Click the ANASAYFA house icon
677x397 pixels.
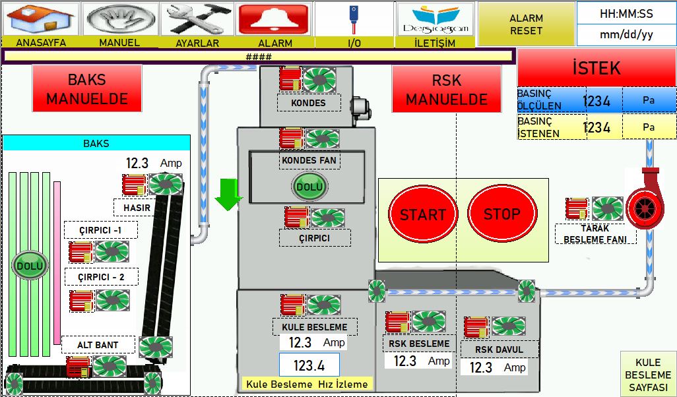coord(41,19)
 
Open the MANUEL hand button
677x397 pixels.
coord(121,19)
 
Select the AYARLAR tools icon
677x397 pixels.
coord(197,19)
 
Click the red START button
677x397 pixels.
coord(423,214)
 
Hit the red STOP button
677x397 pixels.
coord(502,213)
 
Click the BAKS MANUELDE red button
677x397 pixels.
coord(87,89)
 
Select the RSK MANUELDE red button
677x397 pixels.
coord(447,89)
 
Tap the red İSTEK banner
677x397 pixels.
coord(596,68)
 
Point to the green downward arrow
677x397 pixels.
coord(228,195)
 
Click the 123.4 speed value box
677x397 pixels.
coord(309,365)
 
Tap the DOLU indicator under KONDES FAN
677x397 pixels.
coord(309,187)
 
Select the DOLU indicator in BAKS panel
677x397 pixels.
coord(30,265)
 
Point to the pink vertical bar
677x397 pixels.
coord(57,263)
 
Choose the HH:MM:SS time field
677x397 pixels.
coord(626,14)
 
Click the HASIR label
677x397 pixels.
coord(137,208)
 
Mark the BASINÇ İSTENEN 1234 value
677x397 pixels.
coord(596,127)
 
